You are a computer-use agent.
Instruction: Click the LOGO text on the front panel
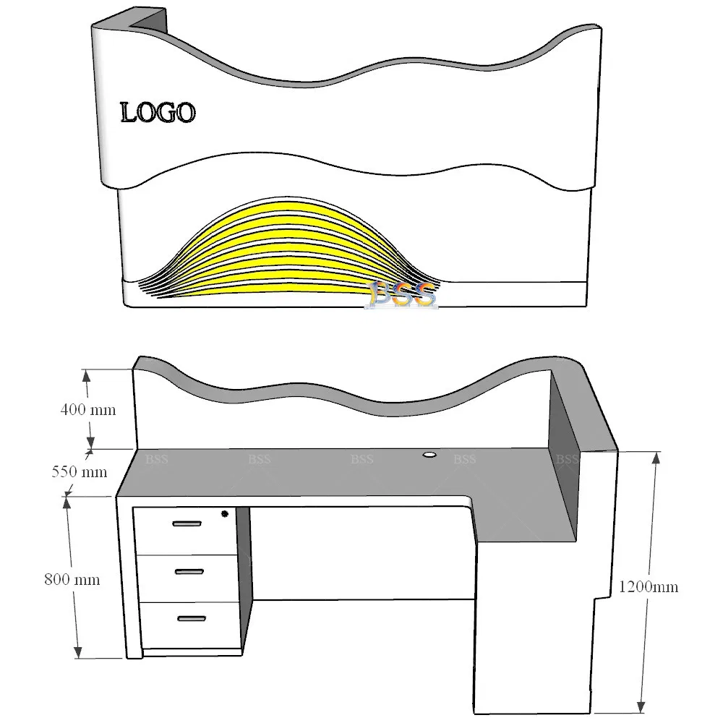[x=158, y=113]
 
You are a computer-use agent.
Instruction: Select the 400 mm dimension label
[x=87, y=409]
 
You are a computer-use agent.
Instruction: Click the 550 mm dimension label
[x=80, y=472]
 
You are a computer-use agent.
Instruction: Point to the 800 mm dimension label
[x=72, y=579]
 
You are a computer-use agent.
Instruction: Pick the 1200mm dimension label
[x=649, y=586]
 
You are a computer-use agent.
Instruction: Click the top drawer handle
[x=187, y=523]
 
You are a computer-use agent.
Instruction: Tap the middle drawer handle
[x=189, y=571]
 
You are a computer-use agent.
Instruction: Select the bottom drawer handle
[x=191, y=618]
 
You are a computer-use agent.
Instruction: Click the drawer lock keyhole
[x=224, y=514]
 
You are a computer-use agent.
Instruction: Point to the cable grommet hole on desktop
[x=429, y=455]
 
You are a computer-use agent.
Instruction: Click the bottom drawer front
[x=189, y=625]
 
